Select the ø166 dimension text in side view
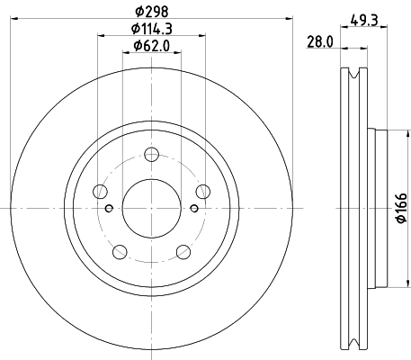pos(402,209)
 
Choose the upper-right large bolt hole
pos(204,190)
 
